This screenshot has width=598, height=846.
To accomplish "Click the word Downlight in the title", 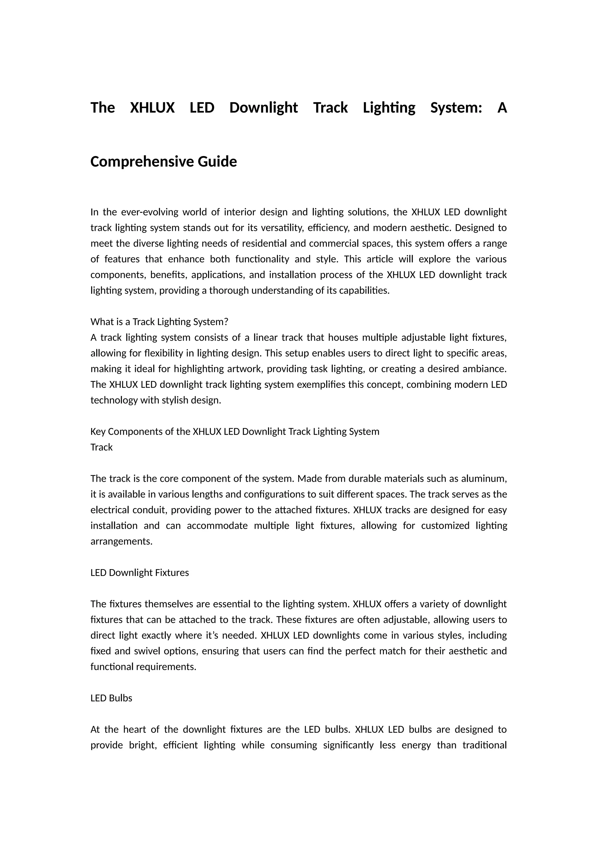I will (x=263, y=108).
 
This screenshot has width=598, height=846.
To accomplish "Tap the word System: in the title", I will (x=456, y=108).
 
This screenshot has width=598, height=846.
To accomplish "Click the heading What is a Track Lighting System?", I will (x=159, y=322).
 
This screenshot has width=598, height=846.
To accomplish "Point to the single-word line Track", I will (x=101, y=447).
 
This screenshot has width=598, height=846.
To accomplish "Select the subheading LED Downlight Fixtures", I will (x=140, y=573).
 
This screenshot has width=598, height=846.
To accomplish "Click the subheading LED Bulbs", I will (x=111, y=698).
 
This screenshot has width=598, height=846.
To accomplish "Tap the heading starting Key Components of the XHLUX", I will (x=234, y=431).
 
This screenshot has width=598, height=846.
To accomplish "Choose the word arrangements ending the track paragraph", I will (x=121, y=541).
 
